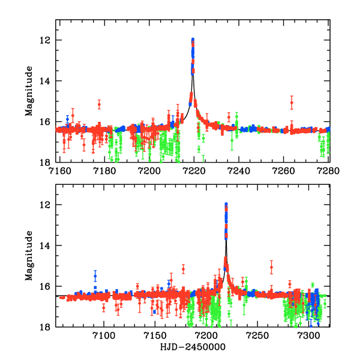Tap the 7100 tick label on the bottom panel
[x=104, y=335]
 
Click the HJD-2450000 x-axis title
[x=193, y=347]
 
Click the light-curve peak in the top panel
[x=193, y=40]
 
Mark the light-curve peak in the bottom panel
[x=226, y=205]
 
